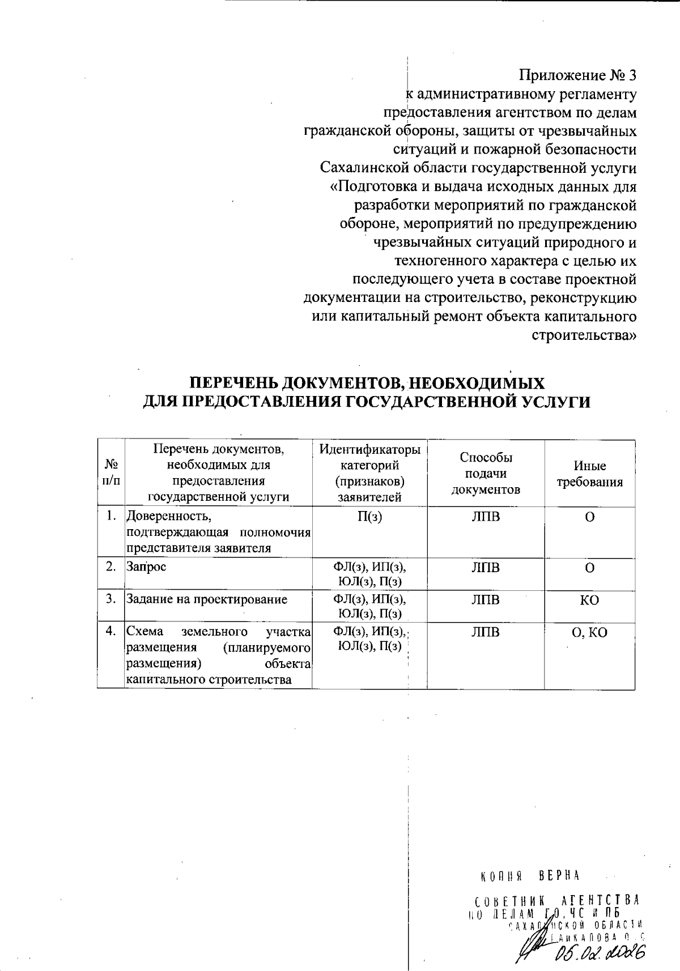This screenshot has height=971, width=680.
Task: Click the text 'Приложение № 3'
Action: [578, 75]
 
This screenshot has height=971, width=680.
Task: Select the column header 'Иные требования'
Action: [589, 474]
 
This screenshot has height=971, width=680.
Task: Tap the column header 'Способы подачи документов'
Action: [486, 474]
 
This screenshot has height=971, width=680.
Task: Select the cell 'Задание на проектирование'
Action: [206, 599]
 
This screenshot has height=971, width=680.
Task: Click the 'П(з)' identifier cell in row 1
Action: [369, 517]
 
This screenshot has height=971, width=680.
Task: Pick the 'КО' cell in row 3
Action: [589, 600]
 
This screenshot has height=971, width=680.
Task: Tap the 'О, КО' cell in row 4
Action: [589, 633]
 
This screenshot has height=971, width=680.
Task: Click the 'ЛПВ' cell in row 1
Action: [486, 517]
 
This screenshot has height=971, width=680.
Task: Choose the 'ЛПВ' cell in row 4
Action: [486, 632]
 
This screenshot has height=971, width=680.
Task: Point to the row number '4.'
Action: [111, 631]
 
